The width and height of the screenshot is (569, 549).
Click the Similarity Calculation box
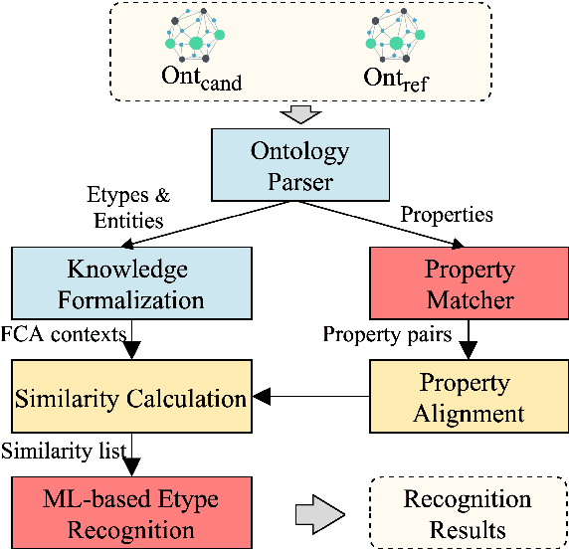point(130,399)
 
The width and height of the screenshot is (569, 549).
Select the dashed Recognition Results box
point(467,513)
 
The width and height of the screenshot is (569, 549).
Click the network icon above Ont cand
point(193,36)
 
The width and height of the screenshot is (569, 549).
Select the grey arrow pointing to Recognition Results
point(319,514)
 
